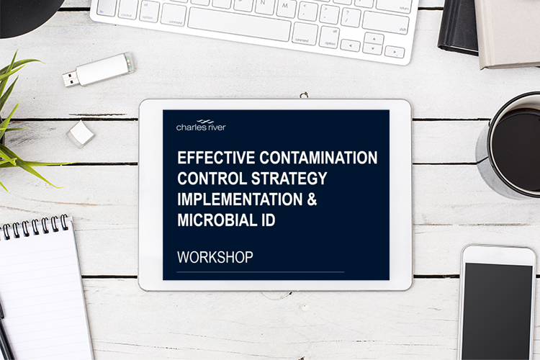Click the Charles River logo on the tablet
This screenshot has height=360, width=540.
[201, 125]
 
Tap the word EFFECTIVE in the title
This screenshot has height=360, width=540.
[216, 158]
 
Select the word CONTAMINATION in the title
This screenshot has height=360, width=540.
[318, 158]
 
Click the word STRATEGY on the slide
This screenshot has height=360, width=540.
[289, 179]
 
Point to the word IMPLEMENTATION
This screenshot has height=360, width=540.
[240, 199]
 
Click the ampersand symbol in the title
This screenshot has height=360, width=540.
[312, 199]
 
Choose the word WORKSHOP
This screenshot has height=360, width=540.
[215, 257]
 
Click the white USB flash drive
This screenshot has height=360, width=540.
[99, 70]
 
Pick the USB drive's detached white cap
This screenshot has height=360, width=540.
[81, 134]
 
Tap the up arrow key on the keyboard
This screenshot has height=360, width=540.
[374, 38]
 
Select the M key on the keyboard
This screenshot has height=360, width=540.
[286, 8]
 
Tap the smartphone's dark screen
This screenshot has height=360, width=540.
[498, 311]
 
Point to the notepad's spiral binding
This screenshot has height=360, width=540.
[35, 227]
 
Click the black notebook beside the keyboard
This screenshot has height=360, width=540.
[458, 27]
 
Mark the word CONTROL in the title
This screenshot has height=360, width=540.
[212, 179]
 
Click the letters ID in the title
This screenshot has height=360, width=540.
[269, 220]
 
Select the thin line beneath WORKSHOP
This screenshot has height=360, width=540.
[261, 272]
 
